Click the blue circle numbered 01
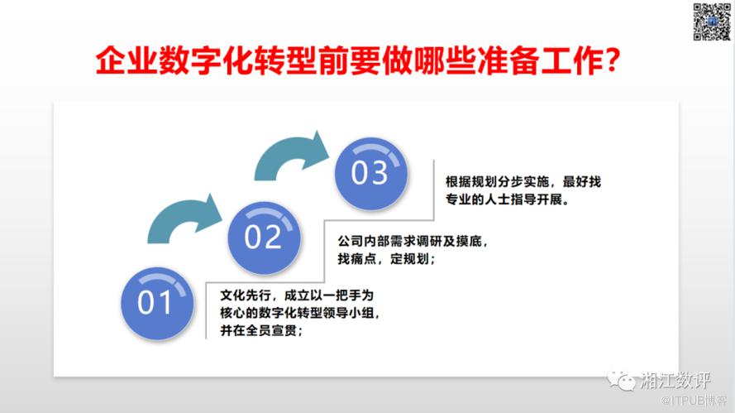coord(157,304)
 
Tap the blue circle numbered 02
coord(264,238)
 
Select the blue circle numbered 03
coord(370,174)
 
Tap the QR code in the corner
coord(712,22)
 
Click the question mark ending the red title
coord(612,60)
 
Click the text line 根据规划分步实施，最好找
coord(523,181)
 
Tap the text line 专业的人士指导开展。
coord(508,199)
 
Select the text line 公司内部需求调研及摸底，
coord(413,241)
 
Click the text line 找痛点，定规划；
coord(387,258)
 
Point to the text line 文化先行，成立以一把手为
coord(297,295)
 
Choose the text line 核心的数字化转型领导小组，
coord(300,313)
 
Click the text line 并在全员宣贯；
coord(261,330)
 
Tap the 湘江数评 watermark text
coord(675,380)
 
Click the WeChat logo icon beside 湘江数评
coord(622,380)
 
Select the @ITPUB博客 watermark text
coord(694,401)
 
